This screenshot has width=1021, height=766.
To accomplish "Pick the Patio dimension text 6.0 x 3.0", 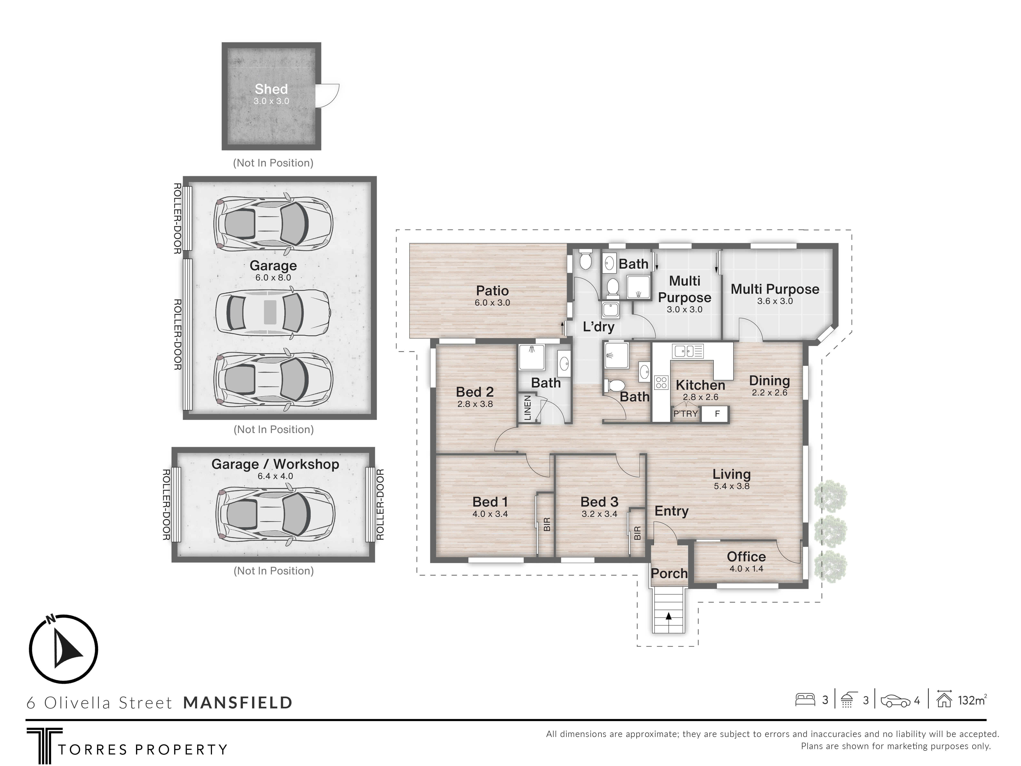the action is pyautogui.click(x=492, y=303).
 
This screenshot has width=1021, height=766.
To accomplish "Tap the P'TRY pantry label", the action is pyautogui.click(x=685, y=414).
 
